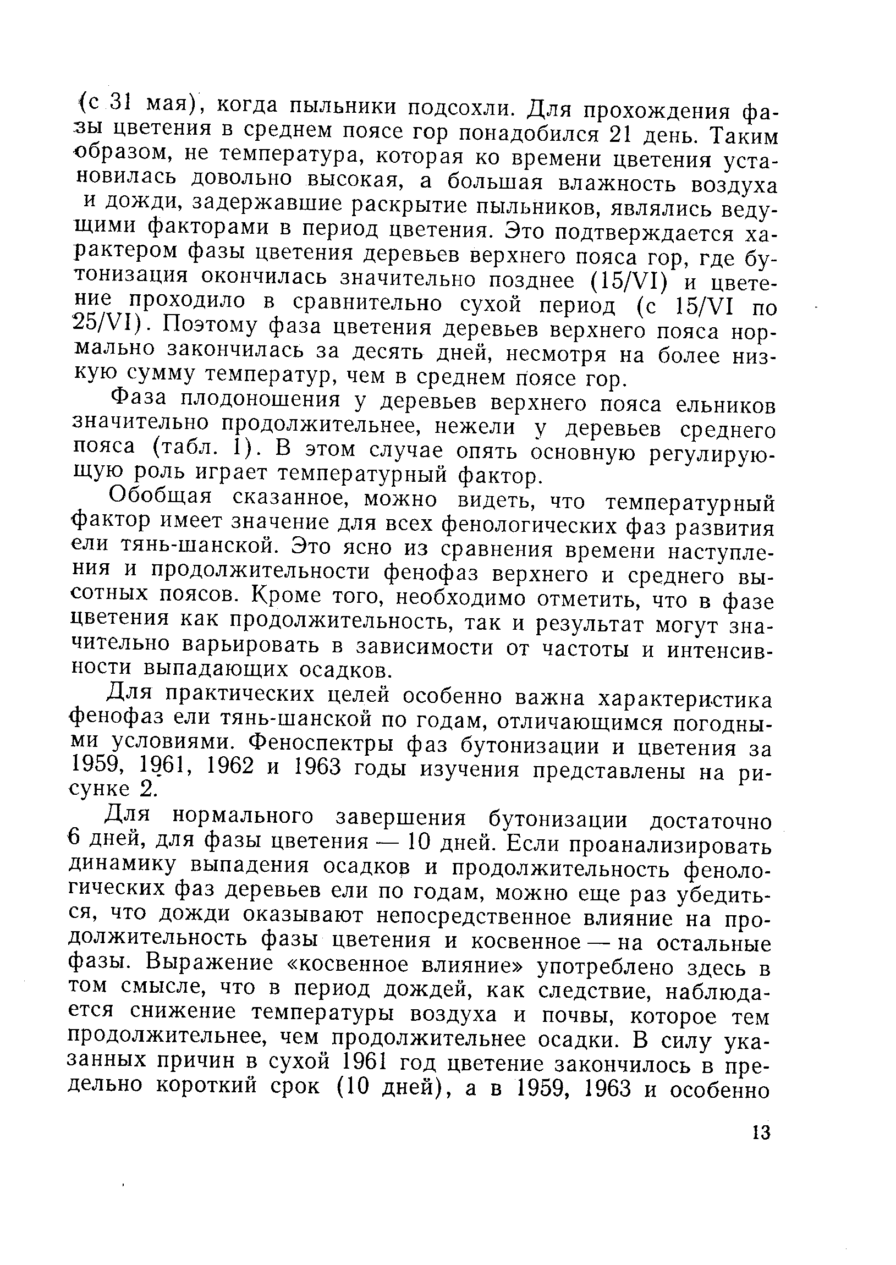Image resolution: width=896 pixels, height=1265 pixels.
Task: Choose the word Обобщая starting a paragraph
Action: (161, 497)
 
